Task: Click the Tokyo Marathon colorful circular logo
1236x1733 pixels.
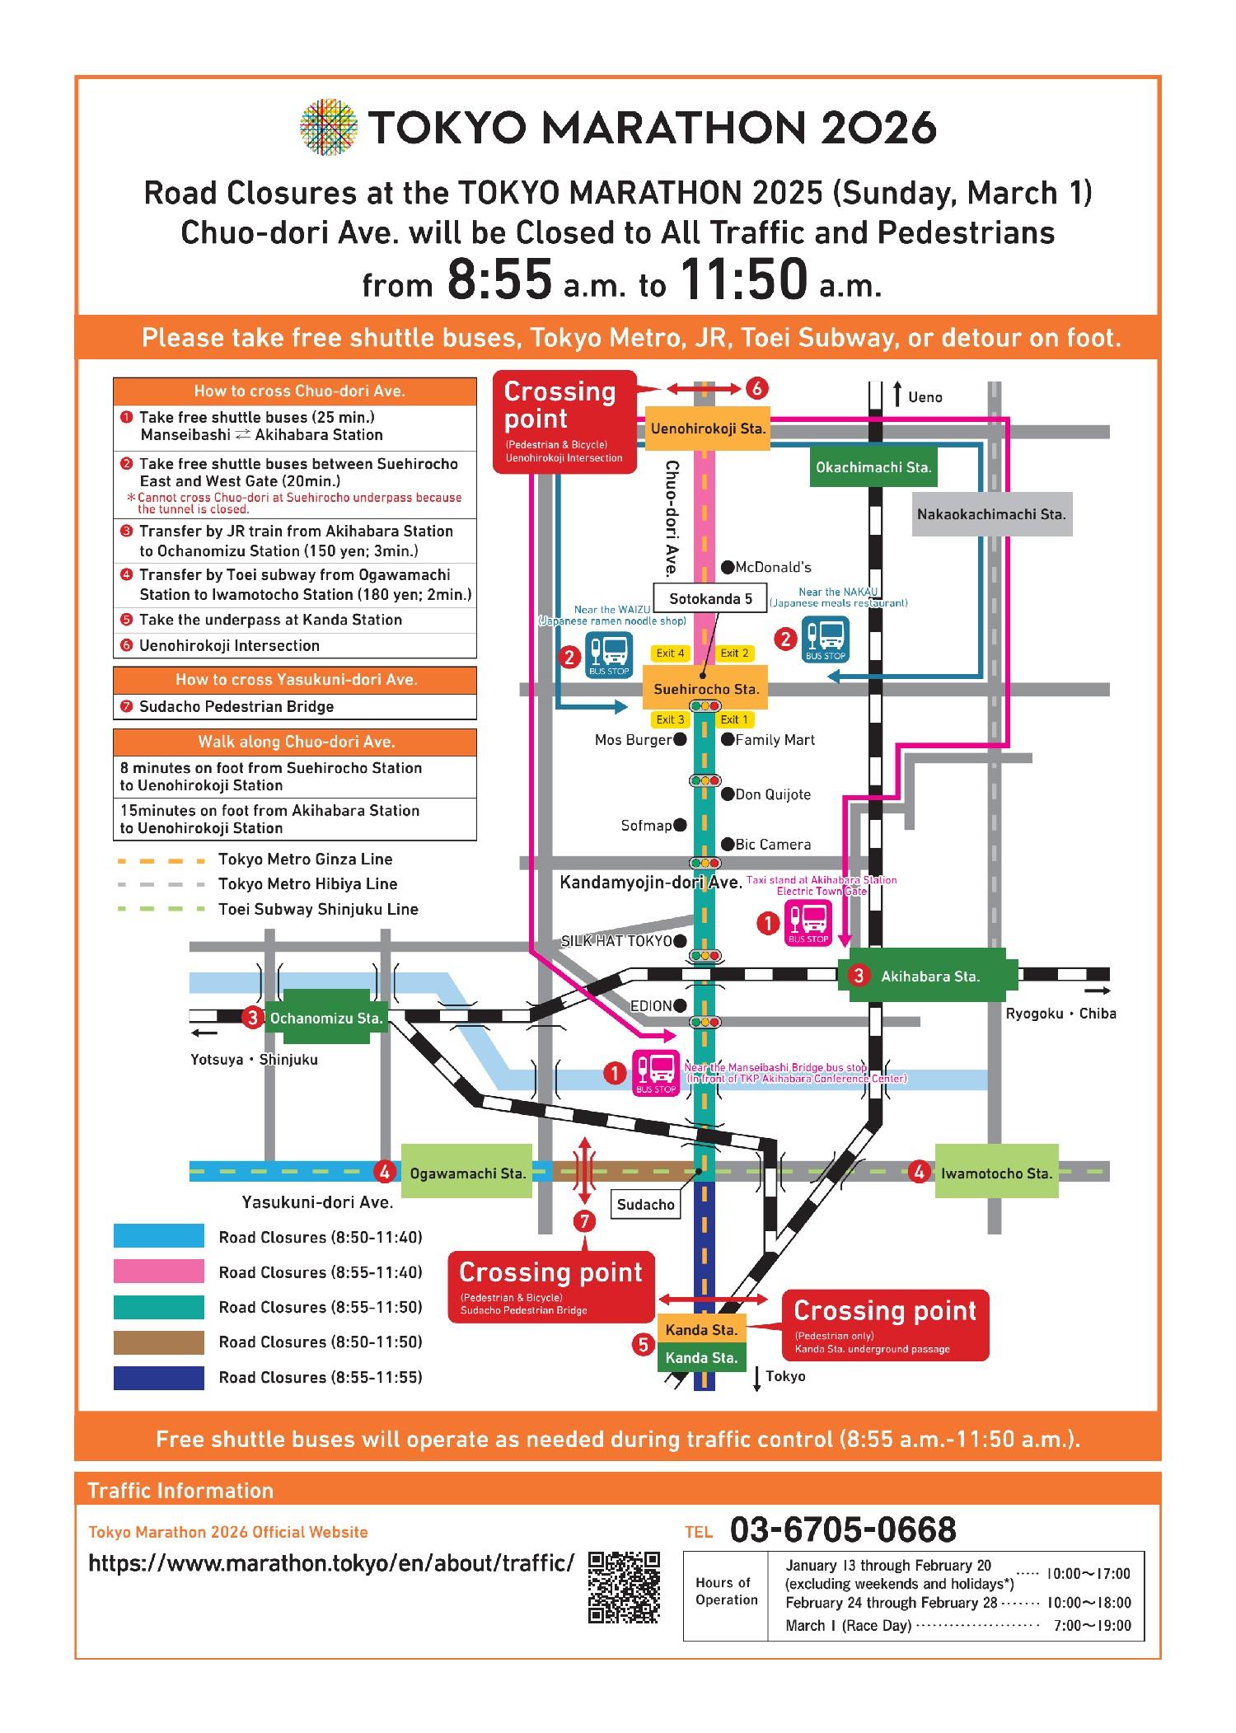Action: (x=330, y=128)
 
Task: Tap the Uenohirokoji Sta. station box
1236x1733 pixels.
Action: (x=708, y=429)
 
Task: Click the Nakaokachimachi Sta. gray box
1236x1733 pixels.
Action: (x=991, y=514)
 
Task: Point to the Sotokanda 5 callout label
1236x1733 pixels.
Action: (x=710, y=598)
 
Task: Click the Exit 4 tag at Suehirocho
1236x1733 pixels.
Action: (x=670, y=653)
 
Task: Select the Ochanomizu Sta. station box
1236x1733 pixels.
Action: (x=325, y=1019)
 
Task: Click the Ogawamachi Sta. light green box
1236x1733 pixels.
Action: (x=466, y=1173)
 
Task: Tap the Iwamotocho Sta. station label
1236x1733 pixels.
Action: (x=996, y=1173)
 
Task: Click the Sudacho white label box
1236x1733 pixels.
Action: (x=646, y=1205)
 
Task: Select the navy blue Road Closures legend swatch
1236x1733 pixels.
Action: (x=158, y=1377)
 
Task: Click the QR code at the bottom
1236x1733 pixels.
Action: (x=625, y=1587)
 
